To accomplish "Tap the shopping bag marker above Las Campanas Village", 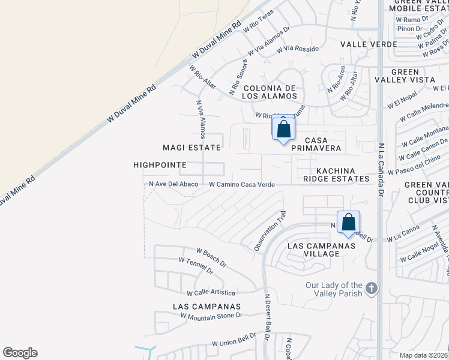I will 348,223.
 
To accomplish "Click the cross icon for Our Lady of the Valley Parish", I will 372,289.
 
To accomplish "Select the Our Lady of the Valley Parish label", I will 334,289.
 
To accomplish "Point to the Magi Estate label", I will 192,147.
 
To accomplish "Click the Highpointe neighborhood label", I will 160,164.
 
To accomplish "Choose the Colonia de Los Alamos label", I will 270,91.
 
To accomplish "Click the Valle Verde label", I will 369,44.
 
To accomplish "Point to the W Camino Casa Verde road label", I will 242,185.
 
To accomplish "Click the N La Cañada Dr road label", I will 381,169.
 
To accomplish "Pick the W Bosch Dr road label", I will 211,257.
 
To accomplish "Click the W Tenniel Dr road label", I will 196,265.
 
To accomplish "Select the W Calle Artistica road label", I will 211,292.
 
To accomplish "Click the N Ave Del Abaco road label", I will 173,184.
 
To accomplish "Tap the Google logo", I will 20,353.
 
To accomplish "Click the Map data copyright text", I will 424,355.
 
